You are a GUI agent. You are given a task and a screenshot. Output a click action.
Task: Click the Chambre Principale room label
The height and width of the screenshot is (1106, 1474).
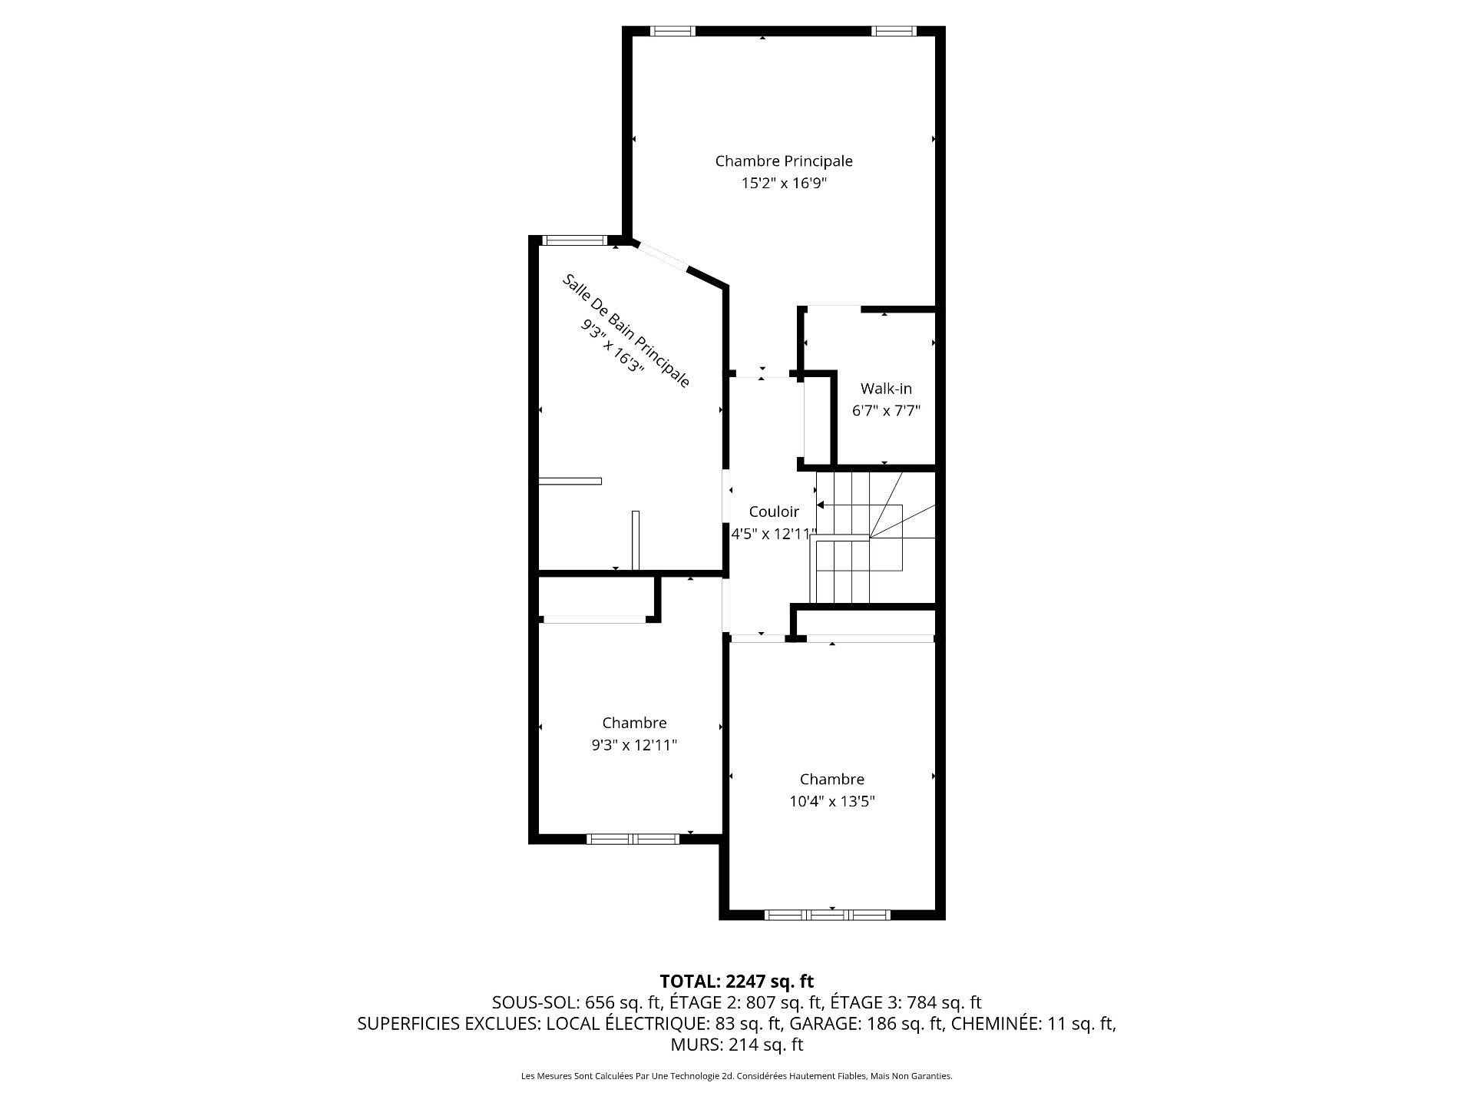[784, 161]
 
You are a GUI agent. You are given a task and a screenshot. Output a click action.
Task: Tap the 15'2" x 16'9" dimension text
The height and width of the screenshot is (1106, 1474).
[784, 184]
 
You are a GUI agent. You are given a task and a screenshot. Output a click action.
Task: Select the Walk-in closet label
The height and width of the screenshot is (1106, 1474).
[886, 389]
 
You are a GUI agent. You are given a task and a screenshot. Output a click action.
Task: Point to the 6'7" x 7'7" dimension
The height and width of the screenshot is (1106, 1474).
[886, 411]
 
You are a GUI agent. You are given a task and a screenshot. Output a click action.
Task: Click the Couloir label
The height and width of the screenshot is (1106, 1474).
[774, 512]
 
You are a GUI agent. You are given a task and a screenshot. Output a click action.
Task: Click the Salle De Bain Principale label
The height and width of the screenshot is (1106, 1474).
[626, 330]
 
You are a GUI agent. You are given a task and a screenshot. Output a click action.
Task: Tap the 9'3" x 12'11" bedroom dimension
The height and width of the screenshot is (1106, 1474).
[634, 745]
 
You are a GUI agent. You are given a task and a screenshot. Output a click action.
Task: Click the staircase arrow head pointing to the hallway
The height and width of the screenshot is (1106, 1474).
[820, 505]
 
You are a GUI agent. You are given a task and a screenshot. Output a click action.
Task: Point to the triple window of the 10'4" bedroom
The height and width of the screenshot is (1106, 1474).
[828, 915]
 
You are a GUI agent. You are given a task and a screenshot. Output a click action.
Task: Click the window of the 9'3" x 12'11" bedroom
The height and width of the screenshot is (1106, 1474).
[633, 839]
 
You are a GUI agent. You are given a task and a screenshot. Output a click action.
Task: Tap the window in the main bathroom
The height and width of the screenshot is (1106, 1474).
[574, 240]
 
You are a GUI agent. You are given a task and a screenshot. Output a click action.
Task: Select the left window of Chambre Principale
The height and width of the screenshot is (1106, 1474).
[673, 31]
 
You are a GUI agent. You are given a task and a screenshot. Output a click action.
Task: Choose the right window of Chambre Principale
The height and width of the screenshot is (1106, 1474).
[894, 31]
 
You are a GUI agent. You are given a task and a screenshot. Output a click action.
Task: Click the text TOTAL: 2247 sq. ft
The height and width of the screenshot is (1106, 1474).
[737, 981]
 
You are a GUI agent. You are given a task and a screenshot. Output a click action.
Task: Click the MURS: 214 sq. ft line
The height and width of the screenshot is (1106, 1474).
[737, 1045]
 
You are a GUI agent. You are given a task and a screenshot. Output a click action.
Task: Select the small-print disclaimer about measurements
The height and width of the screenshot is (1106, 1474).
[737, 1076]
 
